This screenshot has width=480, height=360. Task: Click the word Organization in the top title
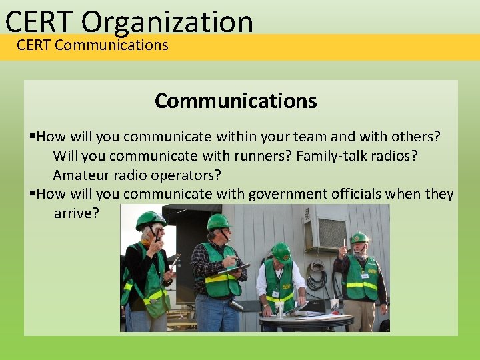point(167,21)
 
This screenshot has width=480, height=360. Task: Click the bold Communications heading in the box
point(235,101)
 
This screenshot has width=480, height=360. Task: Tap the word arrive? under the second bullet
point(76,213)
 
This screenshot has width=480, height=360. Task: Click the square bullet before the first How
point(33,137)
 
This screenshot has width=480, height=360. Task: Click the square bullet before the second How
point(33,195)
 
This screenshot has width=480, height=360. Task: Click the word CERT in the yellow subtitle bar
point(34,45)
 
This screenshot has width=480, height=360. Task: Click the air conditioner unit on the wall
point(325,231)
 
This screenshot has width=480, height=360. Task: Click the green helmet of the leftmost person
point(149,219)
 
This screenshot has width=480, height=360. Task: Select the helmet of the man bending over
point(281,252)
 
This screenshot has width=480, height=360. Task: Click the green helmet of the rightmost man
point(359,237)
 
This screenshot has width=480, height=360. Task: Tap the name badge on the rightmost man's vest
point(363,273)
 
